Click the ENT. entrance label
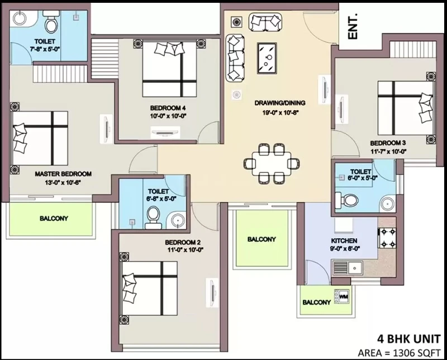(x=353, y=26)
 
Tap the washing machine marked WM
(x=341, y=297)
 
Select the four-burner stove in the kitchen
(x=387, y=238)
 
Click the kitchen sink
(x=348, y=268)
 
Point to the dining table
(x=272, y=164)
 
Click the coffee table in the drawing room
(x=267, y=58)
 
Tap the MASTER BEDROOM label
(x=63, y=174)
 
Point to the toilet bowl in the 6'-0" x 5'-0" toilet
(x=346, y=200)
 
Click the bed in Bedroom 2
(x=150, y=288)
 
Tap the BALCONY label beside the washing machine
(x=316, y=302)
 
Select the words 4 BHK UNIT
(x=409, y=339)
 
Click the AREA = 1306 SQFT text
(x=399, y=353)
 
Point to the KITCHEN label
(x=344, y=240)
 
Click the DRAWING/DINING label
(x=280, y=103)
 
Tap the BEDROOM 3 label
(x=388, y=143)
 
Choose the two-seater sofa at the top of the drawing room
(x=265, y=22)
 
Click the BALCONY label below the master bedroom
(x=54, y=219)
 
